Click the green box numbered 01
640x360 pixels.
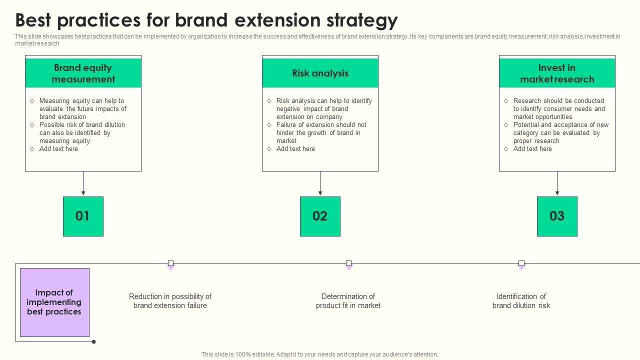click(x=83, y=216)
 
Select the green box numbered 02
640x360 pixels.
click(x=320, y=216)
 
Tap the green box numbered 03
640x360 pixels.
click(x=557, y=216)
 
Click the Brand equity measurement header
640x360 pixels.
click(x=83, y=73)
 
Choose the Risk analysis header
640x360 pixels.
click(x=320, y=73)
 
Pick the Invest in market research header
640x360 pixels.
click(x=557, y=73)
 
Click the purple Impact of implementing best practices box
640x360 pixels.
click(x=54, y=302)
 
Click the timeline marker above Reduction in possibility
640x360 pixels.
click(x=170, y=263)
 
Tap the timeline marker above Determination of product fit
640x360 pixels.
click(x=348, y=263)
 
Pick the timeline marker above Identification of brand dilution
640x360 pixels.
click(x=521, y=263)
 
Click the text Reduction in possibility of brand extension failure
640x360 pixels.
click(x=170, y=301)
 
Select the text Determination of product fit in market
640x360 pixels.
click(x=348, y=301)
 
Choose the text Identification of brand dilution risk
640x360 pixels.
click(x=521, y=301)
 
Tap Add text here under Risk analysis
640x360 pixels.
click(x=295, y=149)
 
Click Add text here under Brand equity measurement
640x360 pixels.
click(x=58, y=149)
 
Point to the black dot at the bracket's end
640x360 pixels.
click(x=93, y=342)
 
